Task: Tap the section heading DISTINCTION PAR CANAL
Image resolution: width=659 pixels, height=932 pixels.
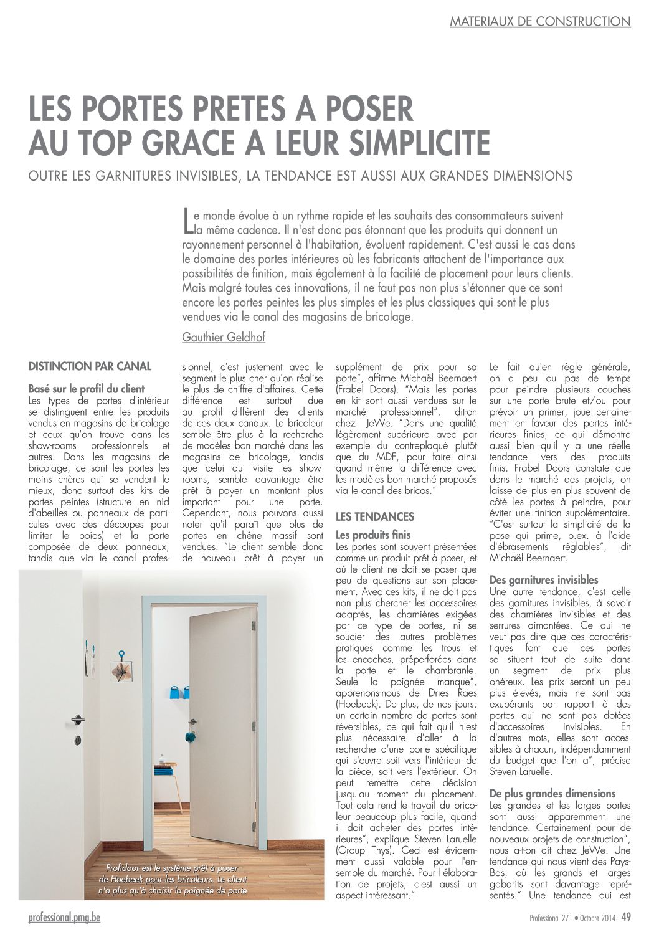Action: pyautogui.click(x=90, y=366)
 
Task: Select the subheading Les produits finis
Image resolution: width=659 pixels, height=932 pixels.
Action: pyautogui.click(x=373, y=535)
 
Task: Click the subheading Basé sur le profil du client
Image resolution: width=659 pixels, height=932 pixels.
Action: pyautogui.click(x=87, y=389)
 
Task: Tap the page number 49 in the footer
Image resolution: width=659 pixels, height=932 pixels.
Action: pyautogui.click(x=626, y=916)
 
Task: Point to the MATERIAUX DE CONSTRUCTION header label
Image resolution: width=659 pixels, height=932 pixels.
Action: pyautogui.click(x=540, y=21)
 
